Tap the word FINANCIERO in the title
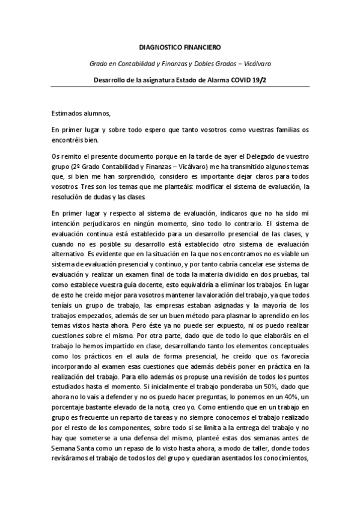click(202, 46)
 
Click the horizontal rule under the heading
click(180, 87)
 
